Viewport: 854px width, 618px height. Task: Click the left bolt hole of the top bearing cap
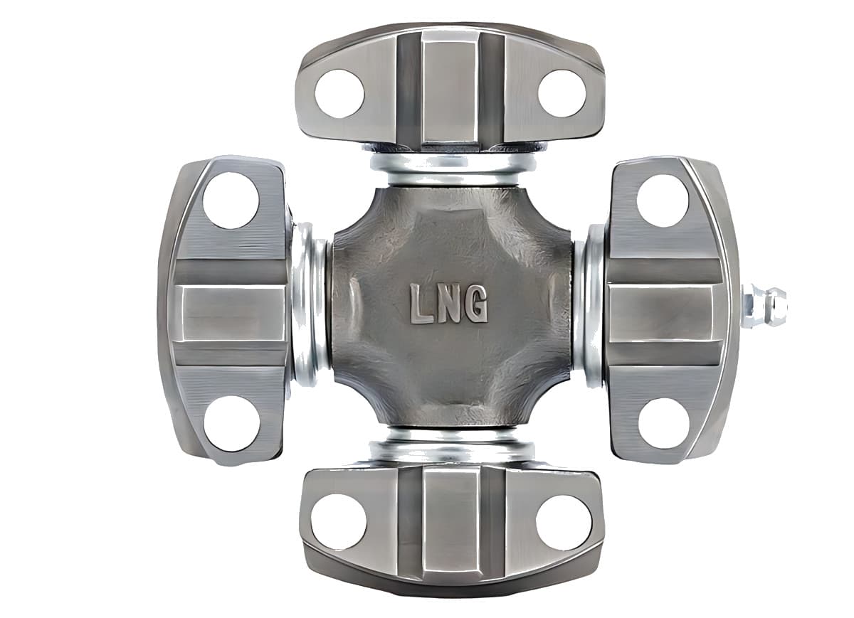click(x=339, y=93)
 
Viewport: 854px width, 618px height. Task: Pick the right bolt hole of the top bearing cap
click(x=562, y=93)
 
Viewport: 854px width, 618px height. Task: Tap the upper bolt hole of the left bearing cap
click(x=231, y=201)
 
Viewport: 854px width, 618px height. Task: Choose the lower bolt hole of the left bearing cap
click(x=231, y=423)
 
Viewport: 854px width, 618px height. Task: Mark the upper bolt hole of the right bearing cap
click(x=663, y=201)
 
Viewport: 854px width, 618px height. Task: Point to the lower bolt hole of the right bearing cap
click(x=664, y=424)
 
